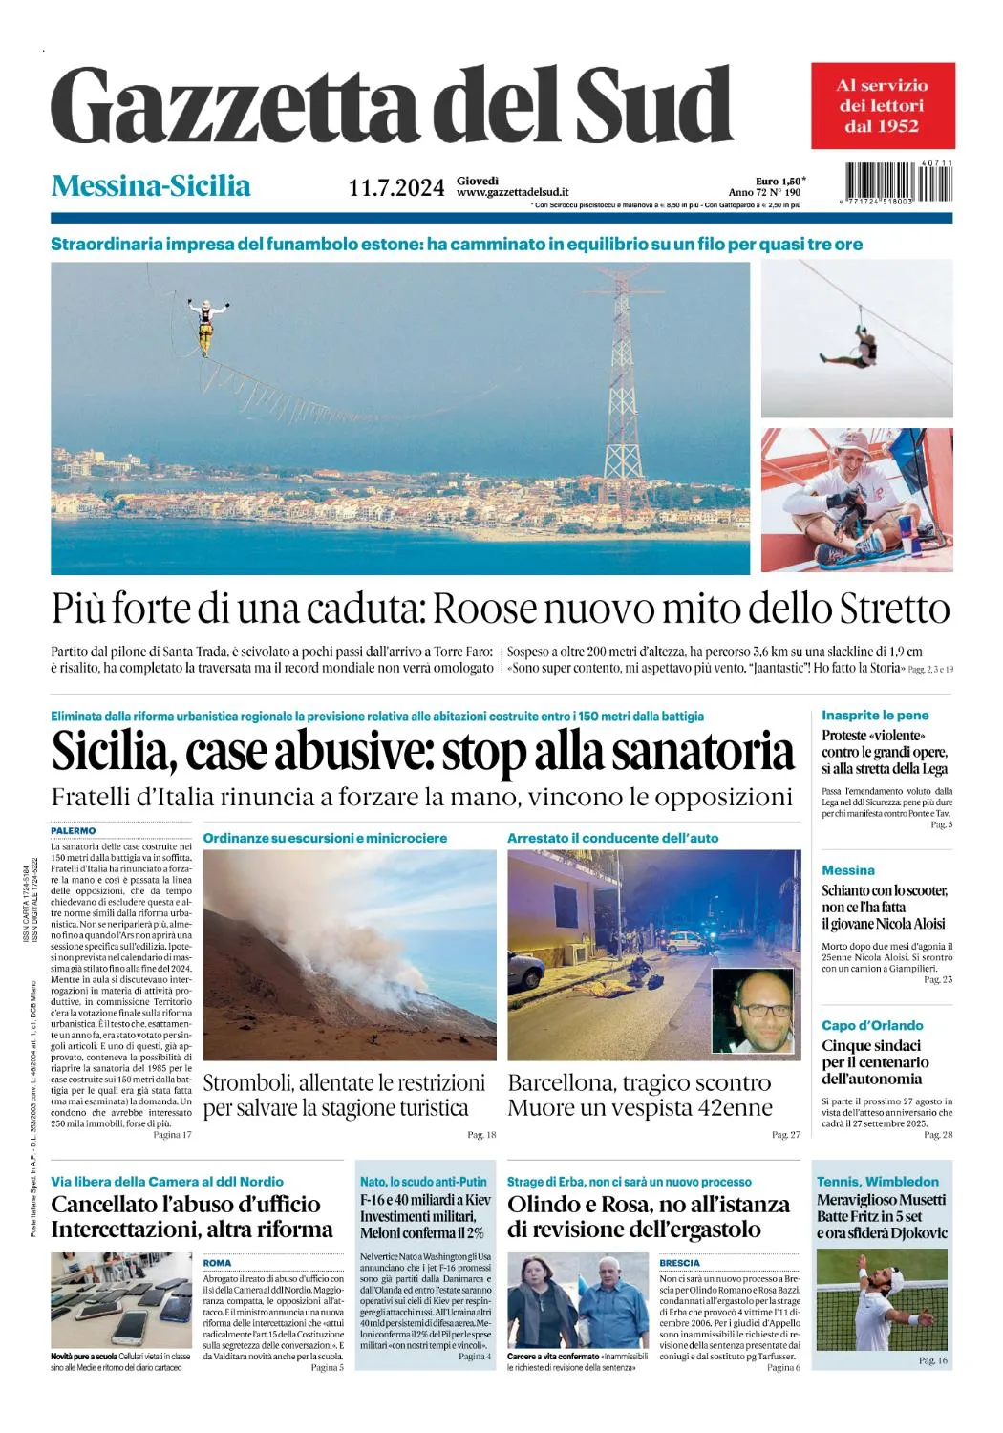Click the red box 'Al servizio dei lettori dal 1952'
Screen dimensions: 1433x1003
click(883, 106)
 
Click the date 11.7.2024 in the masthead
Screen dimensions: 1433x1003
click(396, 187)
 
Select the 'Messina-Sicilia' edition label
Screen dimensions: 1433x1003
click(151, 185)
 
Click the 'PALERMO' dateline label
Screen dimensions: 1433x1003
click(74, 831)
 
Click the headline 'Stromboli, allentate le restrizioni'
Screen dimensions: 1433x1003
click(344, 1083)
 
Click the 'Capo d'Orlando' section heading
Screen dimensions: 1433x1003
click(872, 1025)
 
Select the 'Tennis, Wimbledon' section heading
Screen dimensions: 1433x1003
click(878, 1182)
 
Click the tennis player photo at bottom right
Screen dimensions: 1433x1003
click(884, 1300)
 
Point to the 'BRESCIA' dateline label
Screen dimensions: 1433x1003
click(680, 1263)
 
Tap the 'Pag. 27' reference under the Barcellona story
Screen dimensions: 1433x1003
click(785, 1135)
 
